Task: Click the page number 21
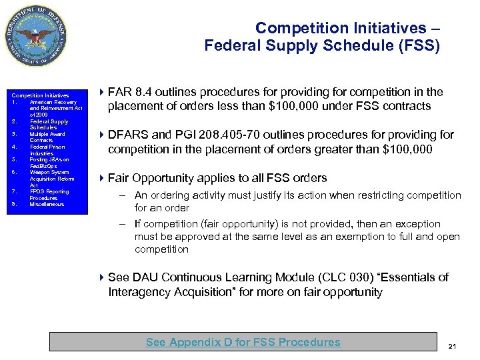pyautogui.click(x=452, y=346)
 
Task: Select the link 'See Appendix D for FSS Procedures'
pyautogui.click(x=243, y=342)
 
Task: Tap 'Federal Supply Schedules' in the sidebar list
pyautogui.click(x=48, y=125)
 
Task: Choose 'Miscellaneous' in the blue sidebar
pyautogui.click(x=47, y=205)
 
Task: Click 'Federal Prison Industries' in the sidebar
pyautogui.click(x=49, y=150)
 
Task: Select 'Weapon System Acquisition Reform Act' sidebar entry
pyautogui.click(x=51, y=179)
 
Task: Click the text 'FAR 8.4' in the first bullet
pyautogui.click(x=129, y=92)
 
